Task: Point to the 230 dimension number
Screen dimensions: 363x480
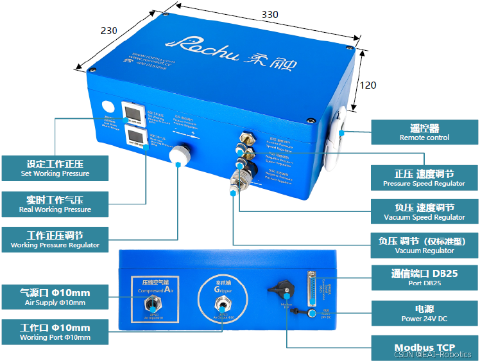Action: click(x=110, y=30)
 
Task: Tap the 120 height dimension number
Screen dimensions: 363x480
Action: click(x=368, y=85)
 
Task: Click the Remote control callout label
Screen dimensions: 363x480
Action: click(x=424, y=132)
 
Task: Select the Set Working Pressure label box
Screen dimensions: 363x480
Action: click(x=55, y=168)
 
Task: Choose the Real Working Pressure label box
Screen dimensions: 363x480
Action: click(x=55, y=204)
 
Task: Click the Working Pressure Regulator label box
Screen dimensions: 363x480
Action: click(x=55, y=240)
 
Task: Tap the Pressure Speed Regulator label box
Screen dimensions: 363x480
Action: click(x=424, y=178)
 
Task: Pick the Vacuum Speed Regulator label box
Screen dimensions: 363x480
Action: click(x=424, y=211)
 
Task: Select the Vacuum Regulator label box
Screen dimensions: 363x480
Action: click(x=424, y=245)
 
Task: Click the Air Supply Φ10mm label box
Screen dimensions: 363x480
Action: click(x=55, y=296)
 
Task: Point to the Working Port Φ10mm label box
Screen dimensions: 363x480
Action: click(x=55, y=332)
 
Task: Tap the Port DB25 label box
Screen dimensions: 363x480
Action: click(x=424, y=278)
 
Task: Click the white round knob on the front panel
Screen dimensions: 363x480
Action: click(x=178, y=155)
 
